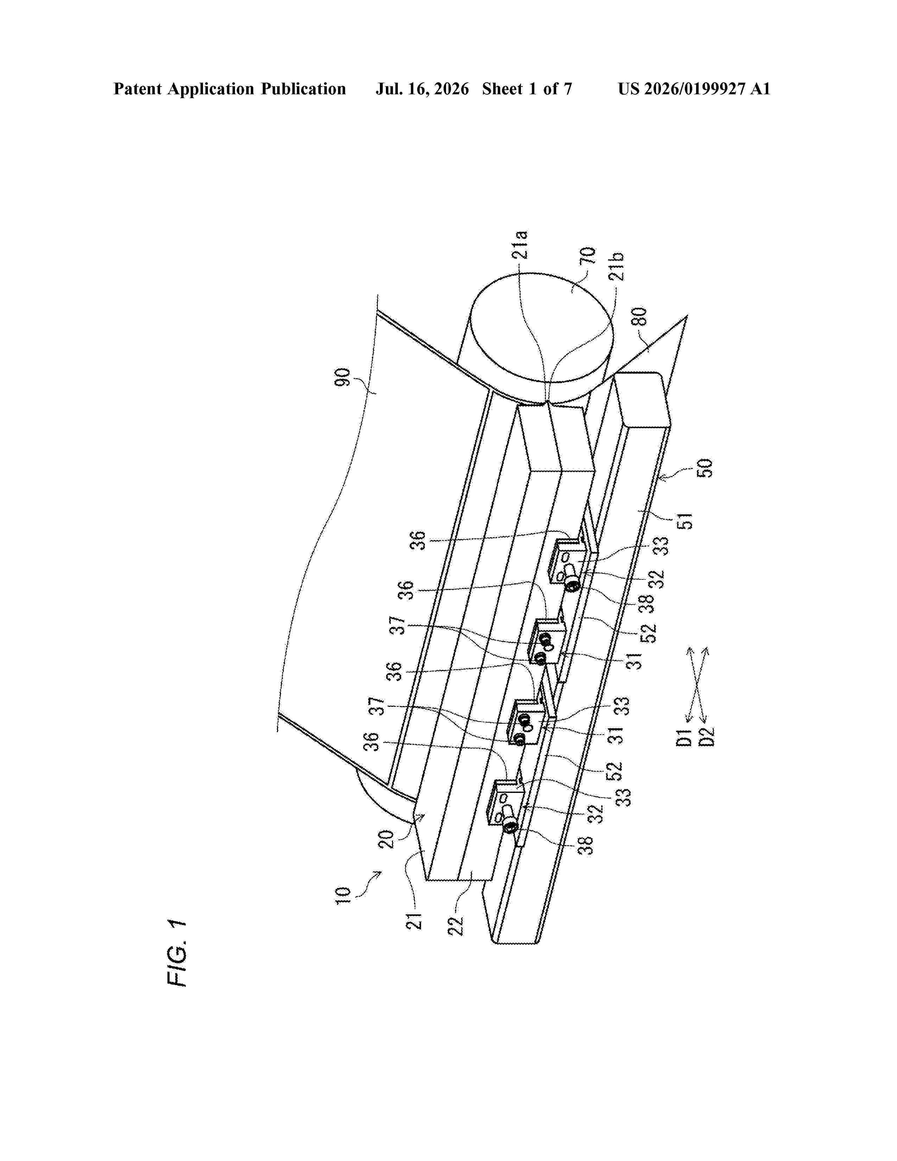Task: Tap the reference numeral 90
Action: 342,378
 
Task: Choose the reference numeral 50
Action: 704,468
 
